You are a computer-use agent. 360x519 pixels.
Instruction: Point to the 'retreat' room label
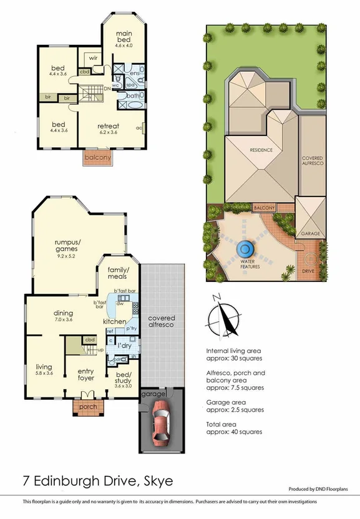[x=108, y=127]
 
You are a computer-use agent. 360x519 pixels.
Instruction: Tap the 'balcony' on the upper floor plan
[x=98, y=157]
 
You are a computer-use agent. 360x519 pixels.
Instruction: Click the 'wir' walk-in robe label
[x=94, y=58]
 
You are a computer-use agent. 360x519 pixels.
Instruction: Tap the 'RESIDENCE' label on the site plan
[x=262, y=150]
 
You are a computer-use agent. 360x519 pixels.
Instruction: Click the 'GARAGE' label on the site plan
[x=310, y=233]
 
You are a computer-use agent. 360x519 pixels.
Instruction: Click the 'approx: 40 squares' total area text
[x=234, y=431]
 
